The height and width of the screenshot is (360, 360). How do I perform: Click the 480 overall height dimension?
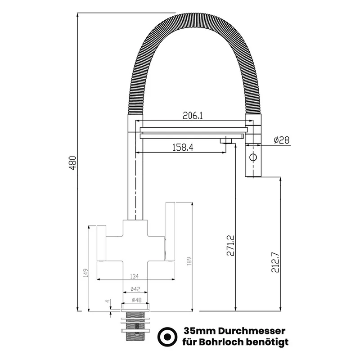pyautogui.click(x=73, y=163)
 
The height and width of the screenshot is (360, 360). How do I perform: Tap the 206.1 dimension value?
pyautogui.click(x=193, y=116)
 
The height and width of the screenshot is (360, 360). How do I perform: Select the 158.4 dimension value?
pyautogui.click(x=183, y=148)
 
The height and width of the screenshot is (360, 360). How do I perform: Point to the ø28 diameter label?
pyautogui.click(x=282, y=140)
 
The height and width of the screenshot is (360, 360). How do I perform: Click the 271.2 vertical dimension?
pyautogui.click(x=230, y=245)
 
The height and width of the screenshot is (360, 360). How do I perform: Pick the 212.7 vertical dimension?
pyautogui.click(x=275, y=262)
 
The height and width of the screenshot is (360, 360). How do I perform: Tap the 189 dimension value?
pyautogui.click(x=189, y=261)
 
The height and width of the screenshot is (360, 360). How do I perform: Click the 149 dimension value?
pyautogui.click(x=85, y=273)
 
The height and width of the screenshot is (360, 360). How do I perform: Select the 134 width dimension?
pyautogui.click(x=134, y=276)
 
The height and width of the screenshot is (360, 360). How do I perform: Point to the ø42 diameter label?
pyautogui.click(x=135, y=289)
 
